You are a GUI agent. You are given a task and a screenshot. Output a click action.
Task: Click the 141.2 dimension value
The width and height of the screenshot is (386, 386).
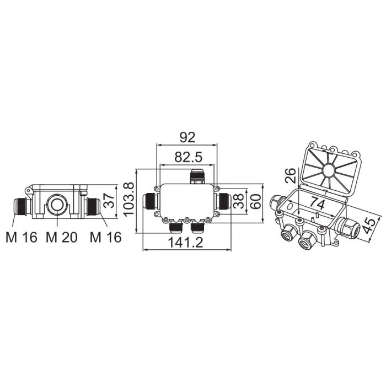(185, 243)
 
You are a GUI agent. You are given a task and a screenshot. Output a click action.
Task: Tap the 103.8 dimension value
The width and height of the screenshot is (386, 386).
(128, 200)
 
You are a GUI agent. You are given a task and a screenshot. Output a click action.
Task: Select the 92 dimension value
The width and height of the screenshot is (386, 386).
(187, 137)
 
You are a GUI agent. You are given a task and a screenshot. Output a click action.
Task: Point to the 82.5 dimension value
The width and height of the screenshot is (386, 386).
(189, 157)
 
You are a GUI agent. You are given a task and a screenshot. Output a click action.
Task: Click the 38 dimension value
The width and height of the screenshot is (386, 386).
(238, 201)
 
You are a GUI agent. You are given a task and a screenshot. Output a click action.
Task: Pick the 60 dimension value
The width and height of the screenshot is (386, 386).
(255, 201)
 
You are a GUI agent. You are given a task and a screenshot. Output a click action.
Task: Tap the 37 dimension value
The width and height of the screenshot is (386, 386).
(109, 200)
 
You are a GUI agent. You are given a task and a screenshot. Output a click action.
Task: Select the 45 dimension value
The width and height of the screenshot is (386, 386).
(369, 226)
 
